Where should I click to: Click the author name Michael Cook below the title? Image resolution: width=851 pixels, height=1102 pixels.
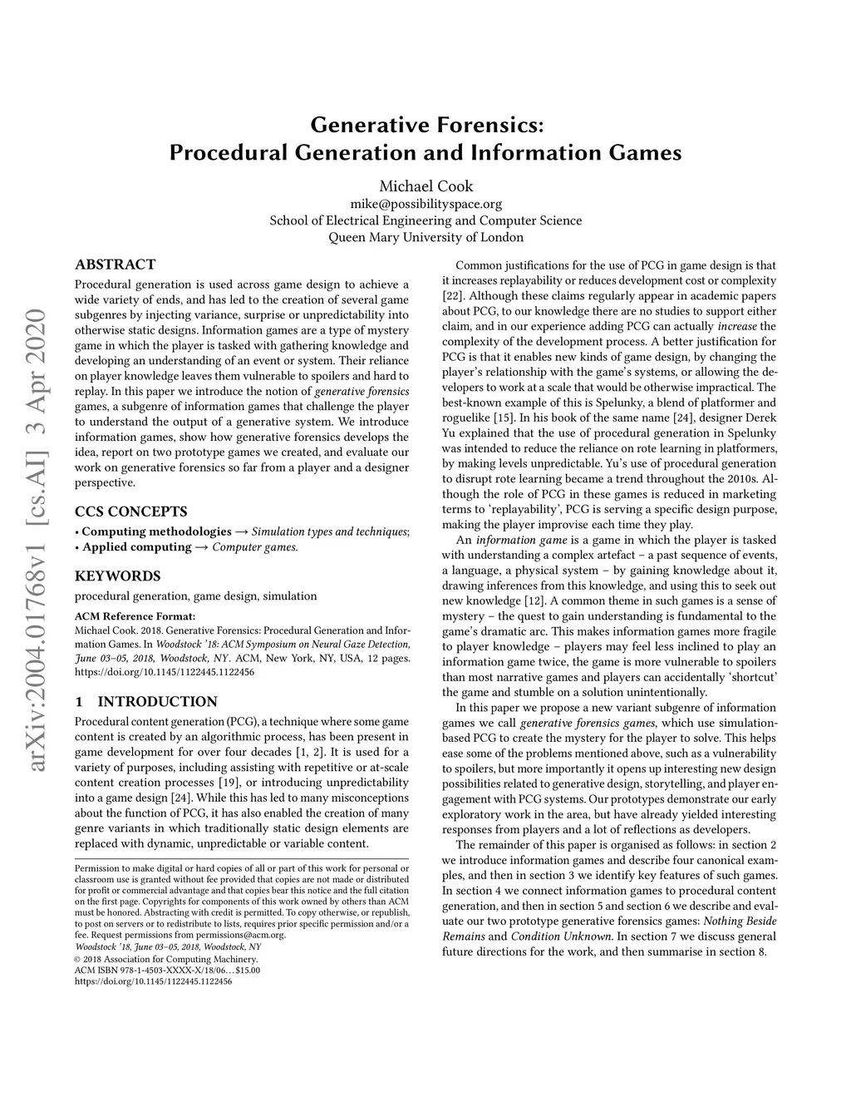425,185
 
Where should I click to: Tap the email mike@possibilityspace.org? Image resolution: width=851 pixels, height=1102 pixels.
425,204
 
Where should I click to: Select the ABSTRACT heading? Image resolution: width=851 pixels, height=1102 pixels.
115,264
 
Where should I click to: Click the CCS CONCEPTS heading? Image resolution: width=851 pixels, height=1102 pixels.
130,511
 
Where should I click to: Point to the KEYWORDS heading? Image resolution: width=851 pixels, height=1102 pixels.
117,576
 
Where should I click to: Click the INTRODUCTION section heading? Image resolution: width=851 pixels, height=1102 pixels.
157,701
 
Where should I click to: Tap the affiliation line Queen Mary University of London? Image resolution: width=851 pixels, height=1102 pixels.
425,237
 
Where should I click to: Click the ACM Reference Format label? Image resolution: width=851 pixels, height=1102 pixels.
135,616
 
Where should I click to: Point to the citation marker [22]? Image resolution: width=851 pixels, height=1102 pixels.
454,296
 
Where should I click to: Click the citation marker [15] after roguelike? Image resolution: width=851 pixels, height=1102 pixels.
504,418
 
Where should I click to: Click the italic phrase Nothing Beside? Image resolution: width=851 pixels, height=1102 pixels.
739,921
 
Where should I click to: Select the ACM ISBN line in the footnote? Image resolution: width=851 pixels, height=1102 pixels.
167,970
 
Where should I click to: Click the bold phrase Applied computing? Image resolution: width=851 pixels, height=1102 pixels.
136,546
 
